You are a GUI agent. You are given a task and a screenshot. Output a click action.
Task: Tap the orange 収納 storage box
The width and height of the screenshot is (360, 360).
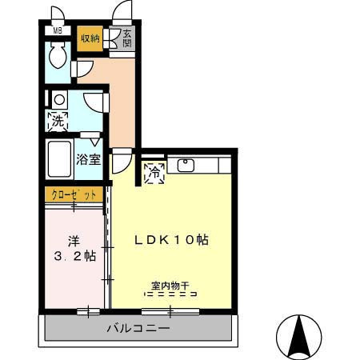click(90, 38)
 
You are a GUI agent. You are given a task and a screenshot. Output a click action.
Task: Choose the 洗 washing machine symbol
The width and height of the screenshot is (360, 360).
click(58, 122)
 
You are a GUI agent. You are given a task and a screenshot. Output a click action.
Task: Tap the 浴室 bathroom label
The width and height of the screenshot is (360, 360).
click(89, 159)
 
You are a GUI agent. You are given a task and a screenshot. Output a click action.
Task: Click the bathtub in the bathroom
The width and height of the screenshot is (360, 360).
click(60, 160)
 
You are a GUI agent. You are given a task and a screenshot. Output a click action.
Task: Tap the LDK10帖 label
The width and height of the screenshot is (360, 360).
click(171, 239)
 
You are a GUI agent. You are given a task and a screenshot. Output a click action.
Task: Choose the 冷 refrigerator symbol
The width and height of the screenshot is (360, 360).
click(154, 170)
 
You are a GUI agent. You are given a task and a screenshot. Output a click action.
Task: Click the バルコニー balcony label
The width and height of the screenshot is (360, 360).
click(138, 328)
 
